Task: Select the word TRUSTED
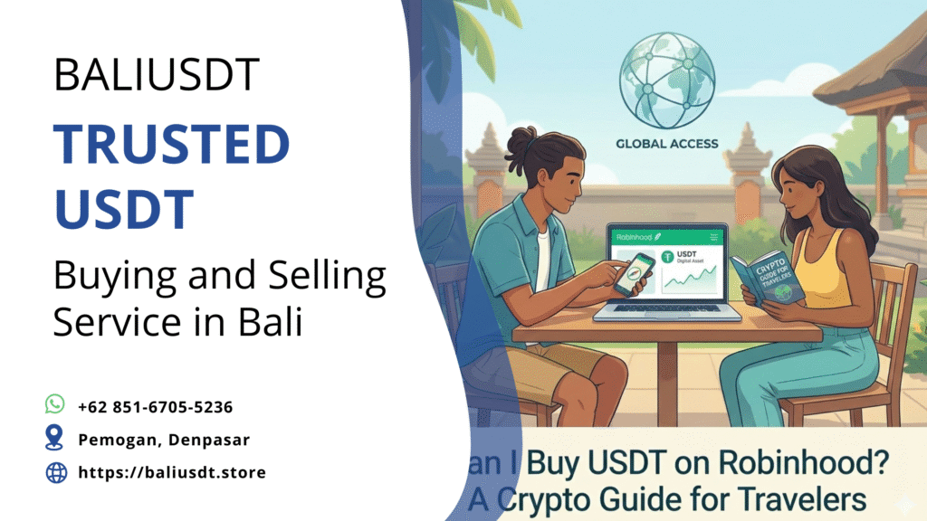pyautogui.click(x=171, y=146)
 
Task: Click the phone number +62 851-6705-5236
pyautogui.click(x=156, y=407)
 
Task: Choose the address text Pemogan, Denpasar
pyautogui.click(x=164, y=440)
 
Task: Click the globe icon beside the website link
pyautogui.click(x=56, y=472)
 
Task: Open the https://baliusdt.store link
pyautogui.click(x=172, y=472)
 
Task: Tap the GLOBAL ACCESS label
pyautogui.click(x=666, y=143)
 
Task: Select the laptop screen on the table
pyautogui.click(x=667, y=264)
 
